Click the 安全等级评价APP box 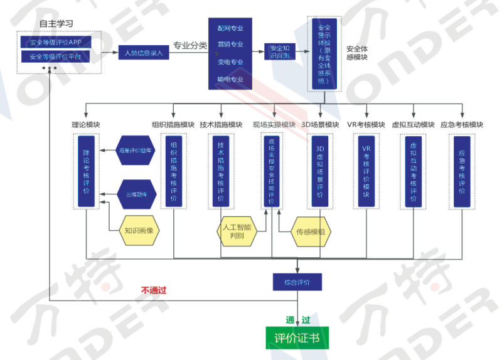coord(56,42)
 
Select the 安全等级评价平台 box coord(56,56)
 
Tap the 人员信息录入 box coord(144,53)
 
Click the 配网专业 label coord(230,28)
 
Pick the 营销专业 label coord(230,45)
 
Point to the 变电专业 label coord(230,62)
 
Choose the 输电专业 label coord(230,79)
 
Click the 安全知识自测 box coord(279,52)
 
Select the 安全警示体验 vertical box coord(324,55)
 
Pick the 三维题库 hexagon coord(136,194)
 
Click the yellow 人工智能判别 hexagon coord(237,231)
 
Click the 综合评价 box coord(297,281)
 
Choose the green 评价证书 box coord(297,339)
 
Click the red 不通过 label coord(154,290)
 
